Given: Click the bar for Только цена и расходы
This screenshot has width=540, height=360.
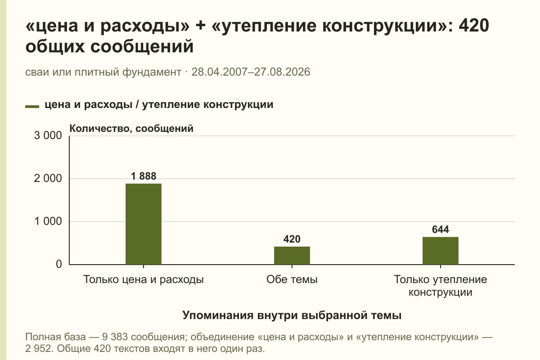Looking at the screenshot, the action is [144, 224].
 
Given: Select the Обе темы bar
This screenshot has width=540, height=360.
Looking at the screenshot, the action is [292, 256].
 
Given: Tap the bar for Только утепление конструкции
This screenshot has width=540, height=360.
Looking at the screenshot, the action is [441, 251].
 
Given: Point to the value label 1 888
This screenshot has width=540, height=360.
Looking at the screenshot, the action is [144, 176].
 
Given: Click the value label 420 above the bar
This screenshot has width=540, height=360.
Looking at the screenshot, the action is [292, 239].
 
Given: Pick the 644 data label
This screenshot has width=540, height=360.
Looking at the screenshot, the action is [441, 229].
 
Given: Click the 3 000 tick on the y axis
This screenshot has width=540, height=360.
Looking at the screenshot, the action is [48, 135].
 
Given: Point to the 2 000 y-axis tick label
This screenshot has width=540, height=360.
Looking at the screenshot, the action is [48, 179].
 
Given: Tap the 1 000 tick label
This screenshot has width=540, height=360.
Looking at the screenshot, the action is [48, 221].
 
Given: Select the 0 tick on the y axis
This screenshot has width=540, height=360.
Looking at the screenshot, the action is [59, 264].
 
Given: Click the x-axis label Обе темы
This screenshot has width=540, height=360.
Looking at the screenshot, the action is [292, 280].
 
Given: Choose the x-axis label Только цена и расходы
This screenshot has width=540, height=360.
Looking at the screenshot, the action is [144, 280].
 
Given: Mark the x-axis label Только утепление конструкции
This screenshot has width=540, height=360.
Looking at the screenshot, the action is [441, 286].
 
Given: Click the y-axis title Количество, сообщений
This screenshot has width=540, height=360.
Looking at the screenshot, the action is [131, 129].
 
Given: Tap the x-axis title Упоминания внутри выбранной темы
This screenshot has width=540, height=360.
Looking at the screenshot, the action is [292, 315].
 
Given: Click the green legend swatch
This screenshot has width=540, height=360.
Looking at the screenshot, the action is [32, 107].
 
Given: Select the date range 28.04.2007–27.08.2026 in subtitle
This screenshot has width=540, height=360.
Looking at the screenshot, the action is [251, 72].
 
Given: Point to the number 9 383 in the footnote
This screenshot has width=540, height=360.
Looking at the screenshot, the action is [115, 337].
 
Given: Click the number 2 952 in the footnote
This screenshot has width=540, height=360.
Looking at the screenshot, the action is [39, 349].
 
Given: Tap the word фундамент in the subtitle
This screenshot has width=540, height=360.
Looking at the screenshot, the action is [152, 72].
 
